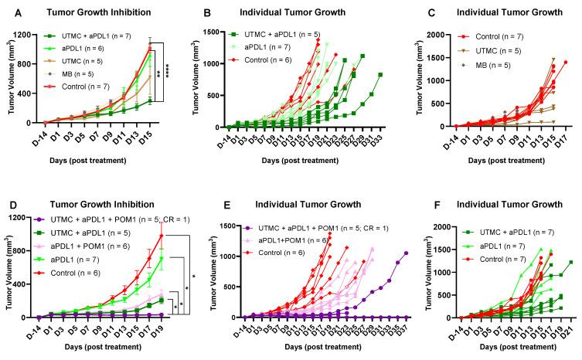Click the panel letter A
(7, 12)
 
